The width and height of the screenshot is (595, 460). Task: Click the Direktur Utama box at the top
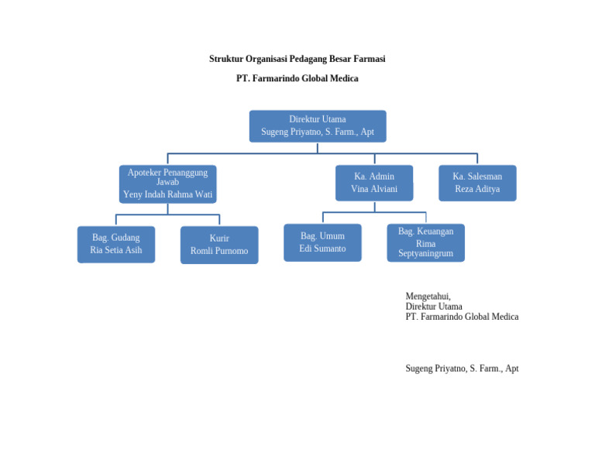(317, 125)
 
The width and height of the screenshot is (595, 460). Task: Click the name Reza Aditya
(476, 189)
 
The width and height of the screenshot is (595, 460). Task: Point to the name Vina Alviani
(373, 189)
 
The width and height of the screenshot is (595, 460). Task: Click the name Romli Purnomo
(219, 251)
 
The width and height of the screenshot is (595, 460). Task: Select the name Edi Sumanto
(322, 249)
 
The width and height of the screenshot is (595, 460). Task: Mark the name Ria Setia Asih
(115, 250)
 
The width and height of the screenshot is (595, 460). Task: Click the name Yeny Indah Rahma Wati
(167, 194)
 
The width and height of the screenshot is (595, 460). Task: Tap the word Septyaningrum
(425, 253)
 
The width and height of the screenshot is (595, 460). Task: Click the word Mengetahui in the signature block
(428, 296)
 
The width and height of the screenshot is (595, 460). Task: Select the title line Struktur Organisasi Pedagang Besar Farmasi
(297, 59)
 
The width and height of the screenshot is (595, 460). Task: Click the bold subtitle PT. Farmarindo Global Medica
(297, 78)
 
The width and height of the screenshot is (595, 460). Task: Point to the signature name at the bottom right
(462, 369)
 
